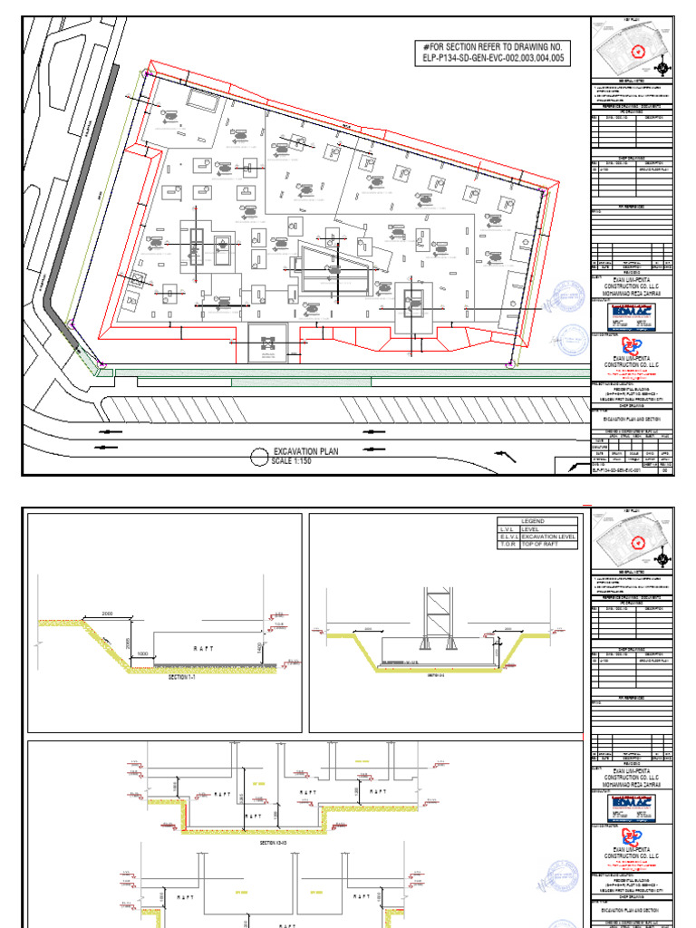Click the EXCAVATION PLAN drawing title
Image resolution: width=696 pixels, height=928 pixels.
point(306,450)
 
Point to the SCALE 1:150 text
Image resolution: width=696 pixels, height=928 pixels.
point(296,461)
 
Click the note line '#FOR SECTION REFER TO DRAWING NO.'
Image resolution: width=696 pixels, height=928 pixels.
point(493,46)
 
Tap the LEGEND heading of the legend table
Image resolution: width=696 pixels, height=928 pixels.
point(535,521)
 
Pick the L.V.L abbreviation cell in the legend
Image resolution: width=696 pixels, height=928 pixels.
point(507,529)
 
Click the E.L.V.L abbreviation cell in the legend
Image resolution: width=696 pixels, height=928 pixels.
point(507,537)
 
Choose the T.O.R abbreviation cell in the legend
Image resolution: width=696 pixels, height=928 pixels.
point(507,546)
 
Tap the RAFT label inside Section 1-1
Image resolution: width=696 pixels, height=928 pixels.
point(204,648)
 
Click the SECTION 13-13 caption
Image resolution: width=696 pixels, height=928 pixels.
point(273,843)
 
